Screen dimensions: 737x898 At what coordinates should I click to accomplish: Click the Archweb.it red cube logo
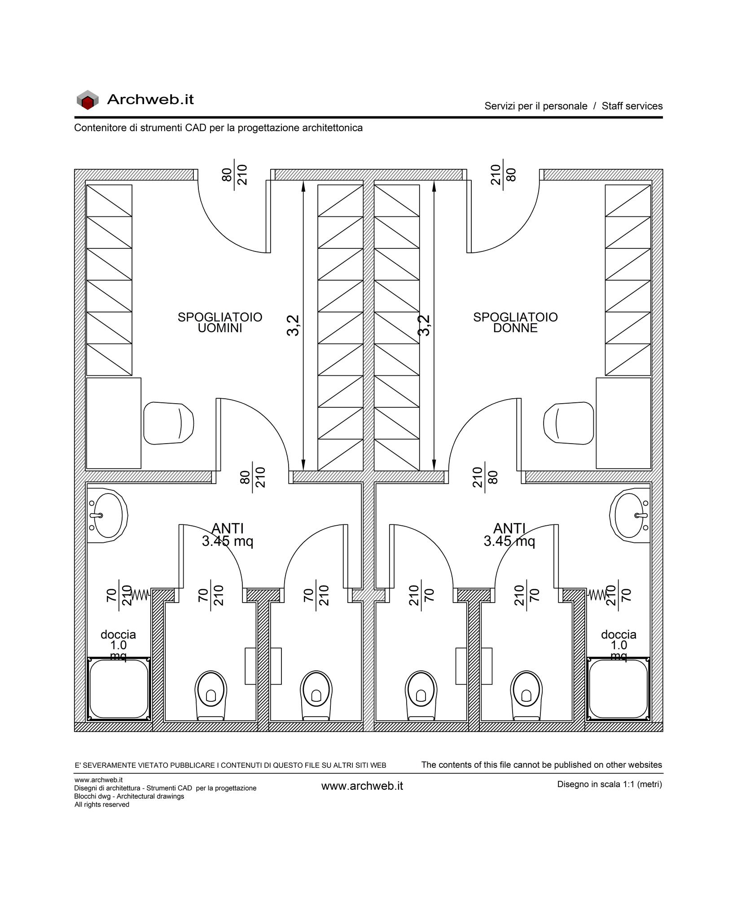[87, 100]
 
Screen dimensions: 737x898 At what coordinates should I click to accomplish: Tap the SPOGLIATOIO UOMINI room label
[220, 322]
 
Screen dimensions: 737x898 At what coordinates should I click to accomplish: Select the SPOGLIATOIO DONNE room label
[515, 322]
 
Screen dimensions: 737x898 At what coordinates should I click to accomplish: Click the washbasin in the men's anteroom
[107, 515]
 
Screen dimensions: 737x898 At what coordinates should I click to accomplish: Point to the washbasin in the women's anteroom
[630, 515]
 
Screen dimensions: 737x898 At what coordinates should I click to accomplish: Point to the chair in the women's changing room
[569, 423]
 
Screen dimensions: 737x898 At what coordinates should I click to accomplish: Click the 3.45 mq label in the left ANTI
[228, 541]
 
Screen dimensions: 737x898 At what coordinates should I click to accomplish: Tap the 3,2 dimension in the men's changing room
[293, 325]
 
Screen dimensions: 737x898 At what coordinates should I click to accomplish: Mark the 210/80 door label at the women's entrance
[503, 174]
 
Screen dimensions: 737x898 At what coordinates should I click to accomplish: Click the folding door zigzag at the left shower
[140, 594]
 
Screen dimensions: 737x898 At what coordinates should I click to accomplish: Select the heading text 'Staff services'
[632, 106]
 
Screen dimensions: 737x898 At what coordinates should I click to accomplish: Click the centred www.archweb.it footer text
[362, 786]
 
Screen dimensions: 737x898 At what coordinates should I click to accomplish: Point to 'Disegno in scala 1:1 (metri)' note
[610, 784]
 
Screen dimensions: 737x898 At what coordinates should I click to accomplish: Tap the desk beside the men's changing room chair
[114, 423]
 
